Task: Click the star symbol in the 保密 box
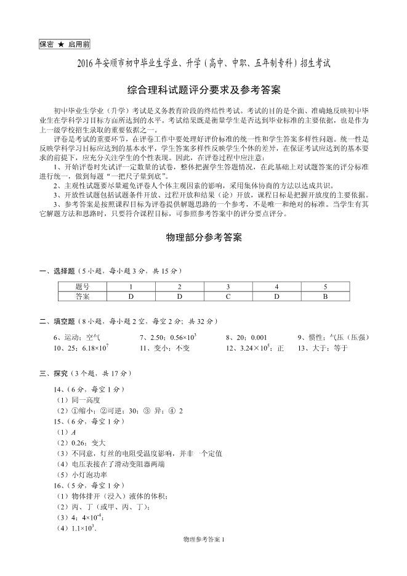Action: tap(61, 45)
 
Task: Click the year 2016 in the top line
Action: tap(88, 63)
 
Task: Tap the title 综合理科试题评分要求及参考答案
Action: tap(203, 90)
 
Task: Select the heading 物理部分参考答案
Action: tap(204, 237)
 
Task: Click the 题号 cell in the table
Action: tap(83, 287)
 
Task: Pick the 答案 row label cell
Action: tap(83, 296)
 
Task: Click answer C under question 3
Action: tap(228, 296)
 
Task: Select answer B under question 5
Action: tap(325, 296)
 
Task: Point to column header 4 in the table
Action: tap(276, 287)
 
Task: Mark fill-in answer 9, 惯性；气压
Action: tap(332, 337)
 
